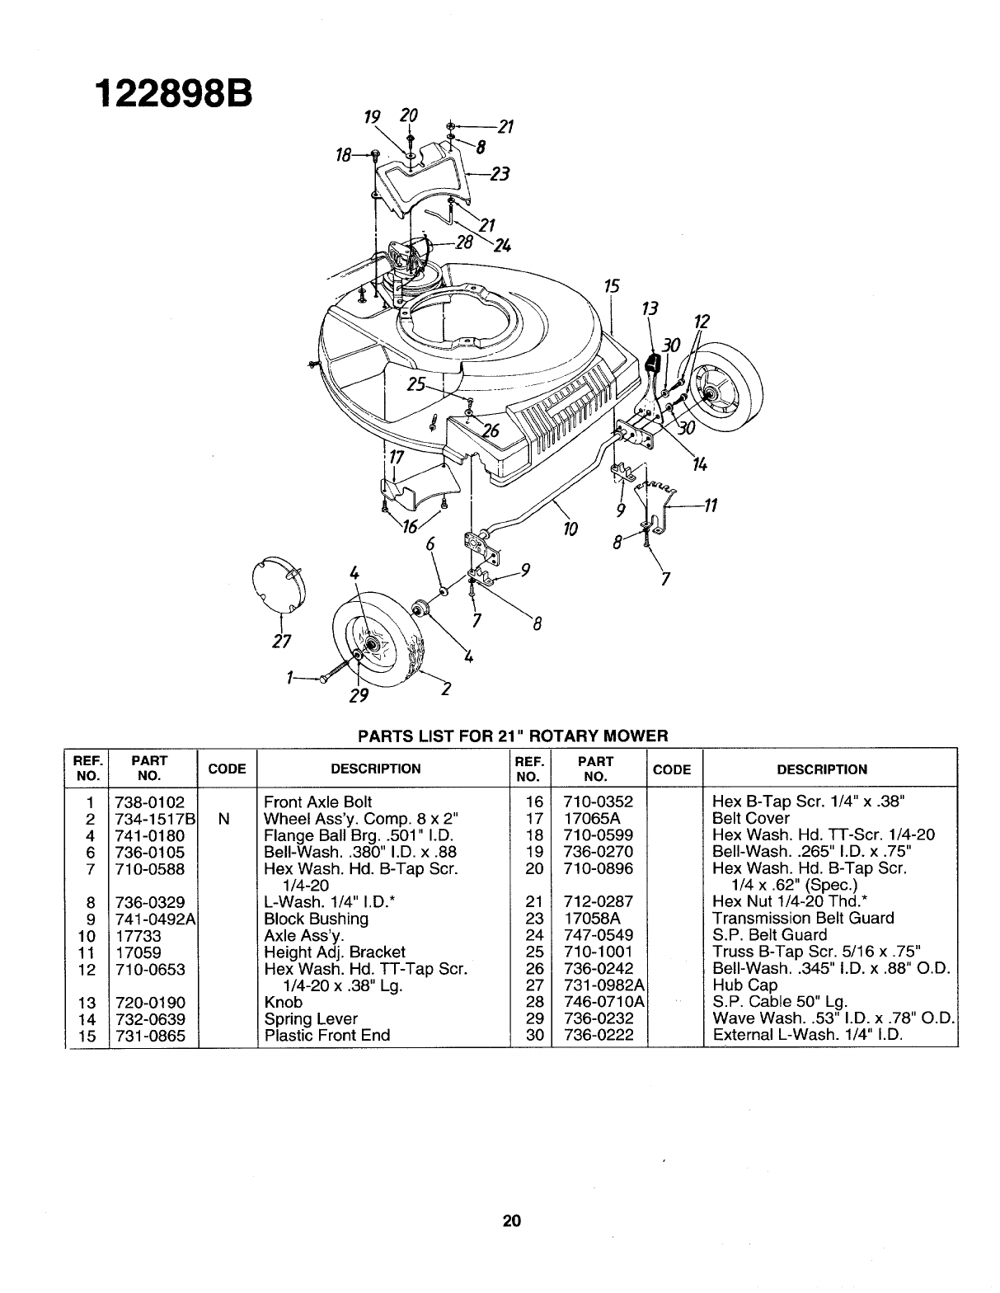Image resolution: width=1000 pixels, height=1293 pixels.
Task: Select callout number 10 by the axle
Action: coord(569,528)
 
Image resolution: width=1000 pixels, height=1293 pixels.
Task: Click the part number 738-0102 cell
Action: coord(151,802)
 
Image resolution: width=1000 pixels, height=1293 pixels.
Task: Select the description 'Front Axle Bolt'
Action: coord(317,802)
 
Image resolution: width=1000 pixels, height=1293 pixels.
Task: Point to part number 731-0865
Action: coord(151,1035)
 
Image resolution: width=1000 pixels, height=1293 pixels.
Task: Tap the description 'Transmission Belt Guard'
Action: coord(803,919)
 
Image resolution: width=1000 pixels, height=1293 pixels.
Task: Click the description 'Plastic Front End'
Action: coord(326,1035)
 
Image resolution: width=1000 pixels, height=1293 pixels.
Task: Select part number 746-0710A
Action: coord(603,1002)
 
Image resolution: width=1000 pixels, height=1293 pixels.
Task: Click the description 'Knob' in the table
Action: coord(282,1002)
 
